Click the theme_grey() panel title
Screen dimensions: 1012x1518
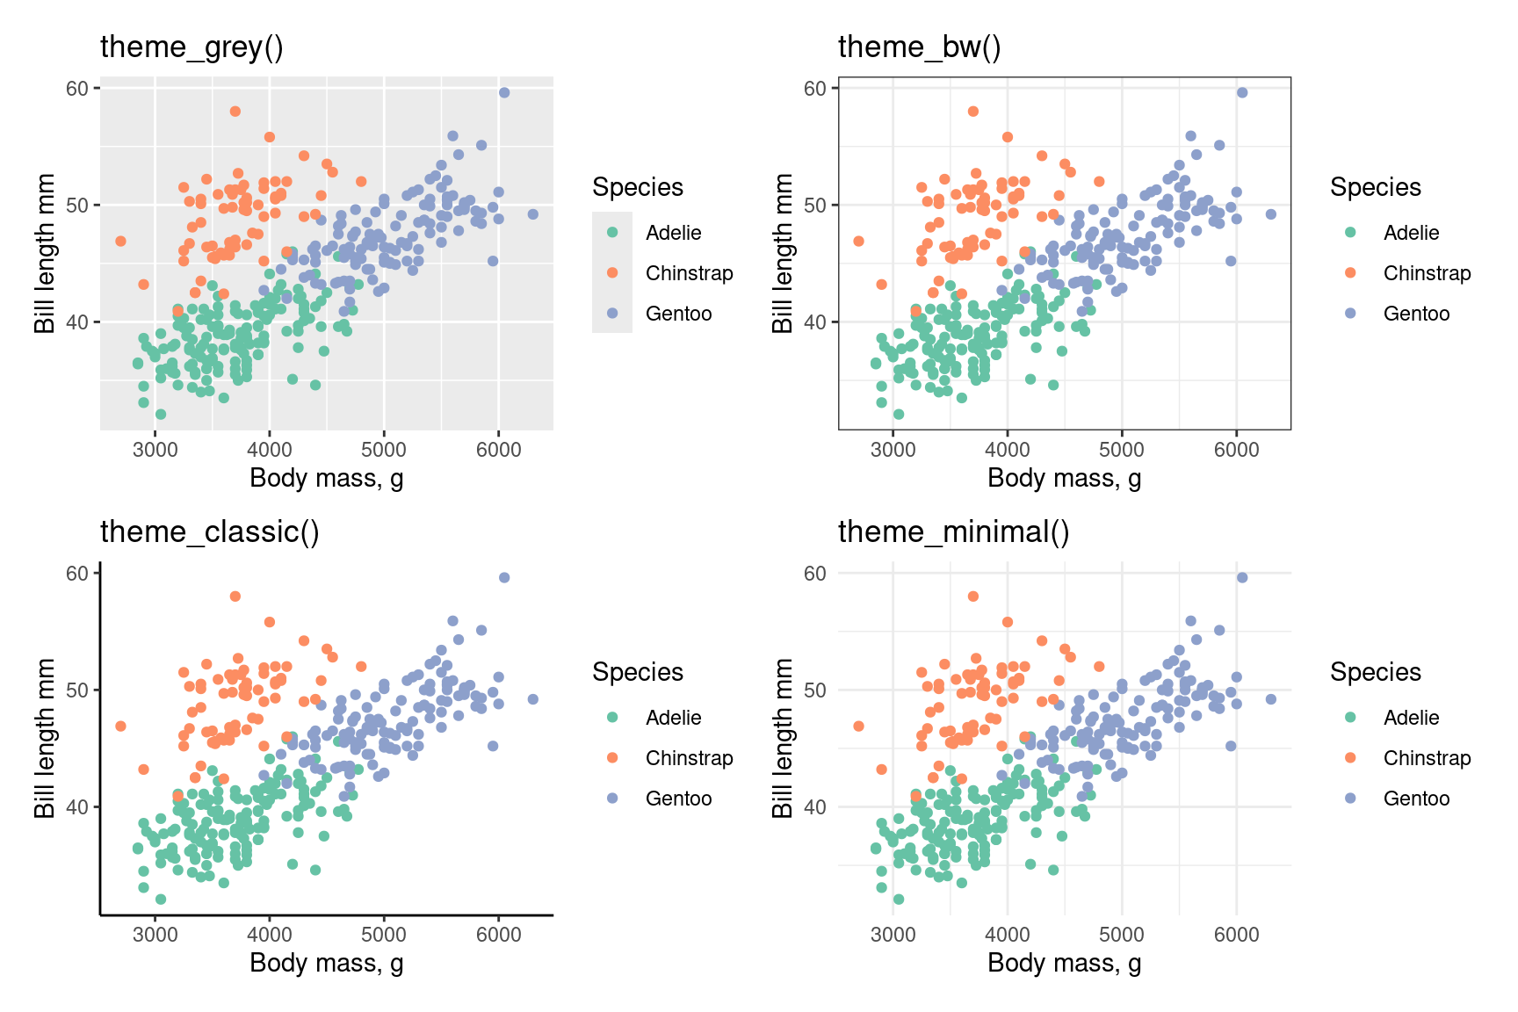[192, 47]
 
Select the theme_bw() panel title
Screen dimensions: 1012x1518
[919, 47]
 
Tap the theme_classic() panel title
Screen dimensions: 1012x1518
[209, 531]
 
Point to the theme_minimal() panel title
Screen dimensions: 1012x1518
[953, 531]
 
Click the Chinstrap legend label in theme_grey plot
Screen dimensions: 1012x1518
[689, 273]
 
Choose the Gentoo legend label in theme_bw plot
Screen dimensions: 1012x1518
[1416, 314]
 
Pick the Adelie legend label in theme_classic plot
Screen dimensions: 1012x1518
[673, 718]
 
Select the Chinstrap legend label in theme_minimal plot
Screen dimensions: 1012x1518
[1427, 758]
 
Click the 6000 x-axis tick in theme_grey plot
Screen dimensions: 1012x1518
[498, 449]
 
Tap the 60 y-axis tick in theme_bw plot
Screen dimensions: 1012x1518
[815, 88]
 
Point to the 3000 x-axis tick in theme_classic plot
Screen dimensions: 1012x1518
[155, 934]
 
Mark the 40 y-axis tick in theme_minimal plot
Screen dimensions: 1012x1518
[815, 806]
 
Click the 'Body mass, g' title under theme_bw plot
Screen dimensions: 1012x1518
[1064, 478]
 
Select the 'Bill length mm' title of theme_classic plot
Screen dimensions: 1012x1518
[45, 738]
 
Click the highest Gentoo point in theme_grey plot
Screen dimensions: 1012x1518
[504, 92]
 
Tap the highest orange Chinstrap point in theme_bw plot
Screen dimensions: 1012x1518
[972, 112]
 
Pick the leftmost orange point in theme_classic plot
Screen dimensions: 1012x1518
[120, 726]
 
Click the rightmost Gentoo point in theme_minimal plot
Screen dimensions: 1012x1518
[1270, 699]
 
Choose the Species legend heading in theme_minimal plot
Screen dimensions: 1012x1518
[1375, 672]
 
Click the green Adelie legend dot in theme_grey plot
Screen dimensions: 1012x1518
[612, 233]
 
